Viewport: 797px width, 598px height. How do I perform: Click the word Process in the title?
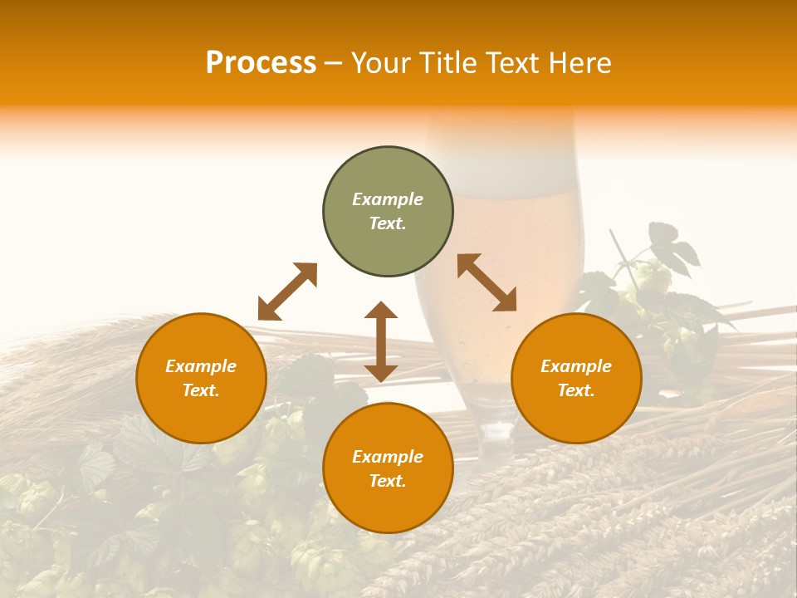[261, 63]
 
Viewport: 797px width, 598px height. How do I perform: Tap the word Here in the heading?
[580, 63]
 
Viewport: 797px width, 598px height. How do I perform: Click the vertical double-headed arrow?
[381, 341]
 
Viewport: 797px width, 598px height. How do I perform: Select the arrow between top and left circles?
[287, 291]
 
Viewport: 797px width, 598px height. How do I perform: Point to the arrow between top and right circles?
[487, 282]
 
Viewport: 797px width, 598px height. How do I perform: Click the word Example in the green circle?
[388, 199]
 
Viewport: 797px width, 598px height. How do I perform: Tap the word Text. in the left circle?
[201, 390]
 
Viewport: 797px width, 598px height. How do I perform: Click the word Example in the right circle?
[576, 366]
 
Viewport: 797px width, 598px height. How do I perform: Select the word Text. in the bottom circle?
[388, 481]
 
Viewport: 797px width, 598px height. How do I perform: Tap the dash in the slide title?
[334, 64]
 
